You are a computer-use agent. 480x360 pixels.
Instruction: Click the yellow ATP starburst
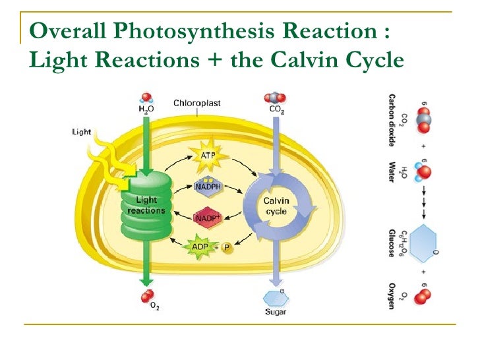pos(208,156)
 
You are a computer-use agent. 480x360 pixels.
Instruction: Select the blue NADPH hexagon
pos(208,186)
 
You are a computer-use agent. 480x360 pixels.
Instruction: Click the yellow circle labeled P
pos(227,248)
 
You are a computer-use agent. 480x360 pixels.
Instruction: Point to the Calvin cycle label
pos(276,205)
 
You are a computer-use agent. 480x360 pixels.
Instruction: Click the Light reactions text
pos(146,205)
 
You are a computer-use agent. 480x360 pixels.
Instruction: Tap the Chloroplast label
pos(197,103)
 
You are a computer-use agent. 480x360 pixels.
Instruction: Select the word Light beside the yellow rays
pos(81,132)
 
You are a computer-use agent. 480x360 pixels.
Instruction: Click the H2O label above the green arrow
pos(146,109)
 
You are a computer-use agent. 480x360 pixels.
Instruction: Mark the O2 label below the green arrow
pos(154,306)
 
